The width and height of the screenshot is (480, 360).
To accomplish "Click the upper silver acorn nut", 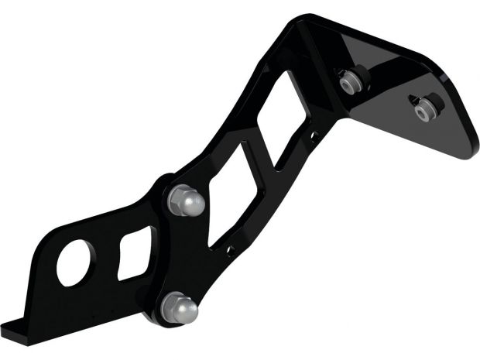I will [x=187, y=201].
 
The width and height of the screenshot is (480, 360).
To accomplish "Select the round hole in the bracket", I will [x=74, y=263].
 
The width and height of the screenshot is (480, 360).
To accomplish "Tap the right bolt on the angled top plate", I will [x=424, y=109].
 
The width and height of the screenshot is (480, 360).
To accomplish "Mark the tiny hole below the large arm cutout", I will [x=231, y=250].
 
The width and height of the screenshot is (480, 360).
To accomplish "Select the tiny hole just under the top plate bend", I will [x=314, y=138].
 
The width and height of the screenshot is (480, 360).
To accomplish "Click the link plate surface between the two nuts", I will [x=183, y=255].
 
